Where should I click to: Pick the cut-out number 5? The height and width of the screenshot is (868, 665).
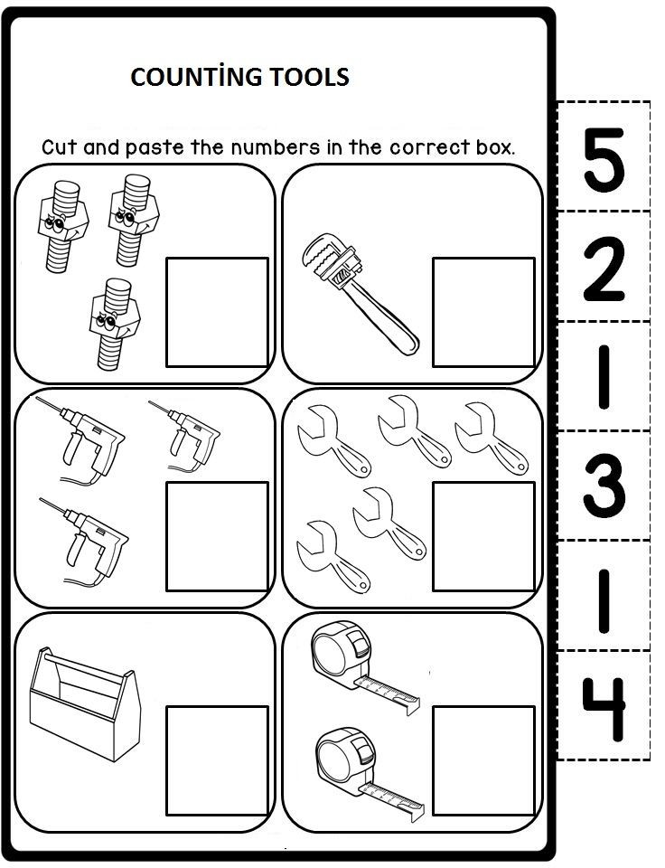pyautogui.click(x=604, y=160)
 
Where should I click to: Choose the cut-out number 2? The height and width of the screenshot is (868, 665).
pyautogui.click(x=604, y=269)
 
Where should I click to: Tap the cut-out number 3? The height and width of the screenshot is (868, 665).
pyautogui.click(x=604, y=485)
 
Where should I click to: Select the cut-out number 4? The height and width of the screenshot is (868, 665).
pyautogui.click(x=604, y=709)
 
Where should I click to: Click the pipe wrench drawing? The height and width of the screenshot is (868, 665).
pyautogui.click(x=361, y=293)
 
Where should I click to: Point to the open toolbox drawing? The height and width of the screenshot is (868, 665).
pyautogui.click(x=85, y=703)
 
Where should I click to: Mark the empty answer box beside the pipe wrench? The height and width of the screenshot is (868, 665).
pyautogui.click(x=483, y=312)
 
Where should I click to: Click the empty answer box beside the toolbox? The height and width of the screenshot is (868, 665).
pyautogui.click(x=218, y=760)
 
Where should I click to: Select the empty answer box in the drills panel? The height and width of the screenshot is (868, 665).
pyautogui.click(x=218, y=536)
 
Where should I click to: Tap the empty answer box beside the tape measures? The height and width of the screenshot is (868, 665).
pyautogui.click(x=483, y=760)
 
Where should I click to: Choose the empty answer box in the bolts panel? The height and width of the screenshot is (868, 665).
pyautogui.click(x=218, y=312)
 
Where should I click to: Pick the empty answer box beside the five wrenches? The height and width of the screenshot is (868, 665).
pyautogui.click(x=483, y=536)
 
